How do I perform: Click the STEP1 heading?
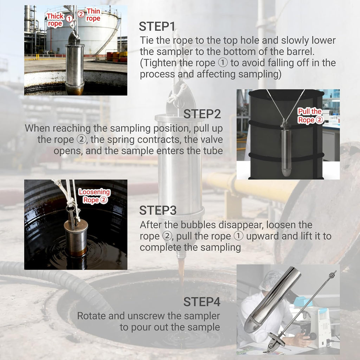[x=157, y=26]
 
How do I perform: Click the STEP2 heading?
[x=202, y=114]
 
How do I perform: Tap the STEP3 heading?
[x=158, y=210]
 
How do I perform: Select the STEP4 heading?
[x=202, y=302]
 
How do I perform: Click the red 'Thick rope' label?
[x=55, y=20]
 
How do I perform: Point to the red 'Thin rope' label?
[x=93, y=14]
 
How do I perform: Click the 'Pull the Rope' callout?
[x=310, y=116]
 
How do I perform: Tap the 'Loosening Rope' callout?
[x=94, y=196]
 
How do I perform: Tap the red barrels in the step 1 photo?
[x=117, y=57]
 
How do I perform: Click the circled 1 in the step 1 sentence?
[x=223, y=63]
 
